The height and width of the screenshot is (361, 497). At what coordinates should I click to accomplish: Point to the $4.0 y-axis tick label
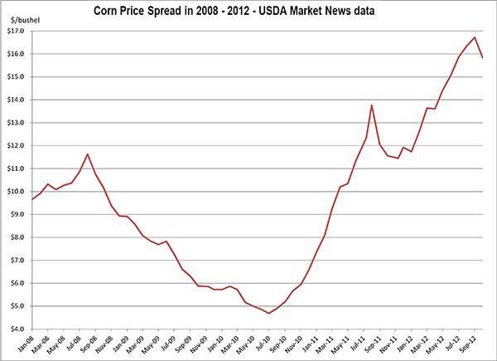click(x=16, y=329)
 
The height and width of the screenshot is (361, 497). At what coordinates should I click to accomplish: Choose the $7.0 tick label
click(x=16, y=260)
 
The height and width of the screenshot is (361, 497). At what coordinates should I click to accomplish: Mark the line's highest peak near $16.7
click(x=475, y=37)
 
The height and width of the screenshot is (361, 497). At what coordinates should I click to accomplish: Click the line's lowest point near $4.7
click(x=269, y=313)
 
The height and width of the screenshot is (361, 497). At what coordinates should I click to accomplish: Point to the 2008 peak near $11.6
click(x=87, y=154)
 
